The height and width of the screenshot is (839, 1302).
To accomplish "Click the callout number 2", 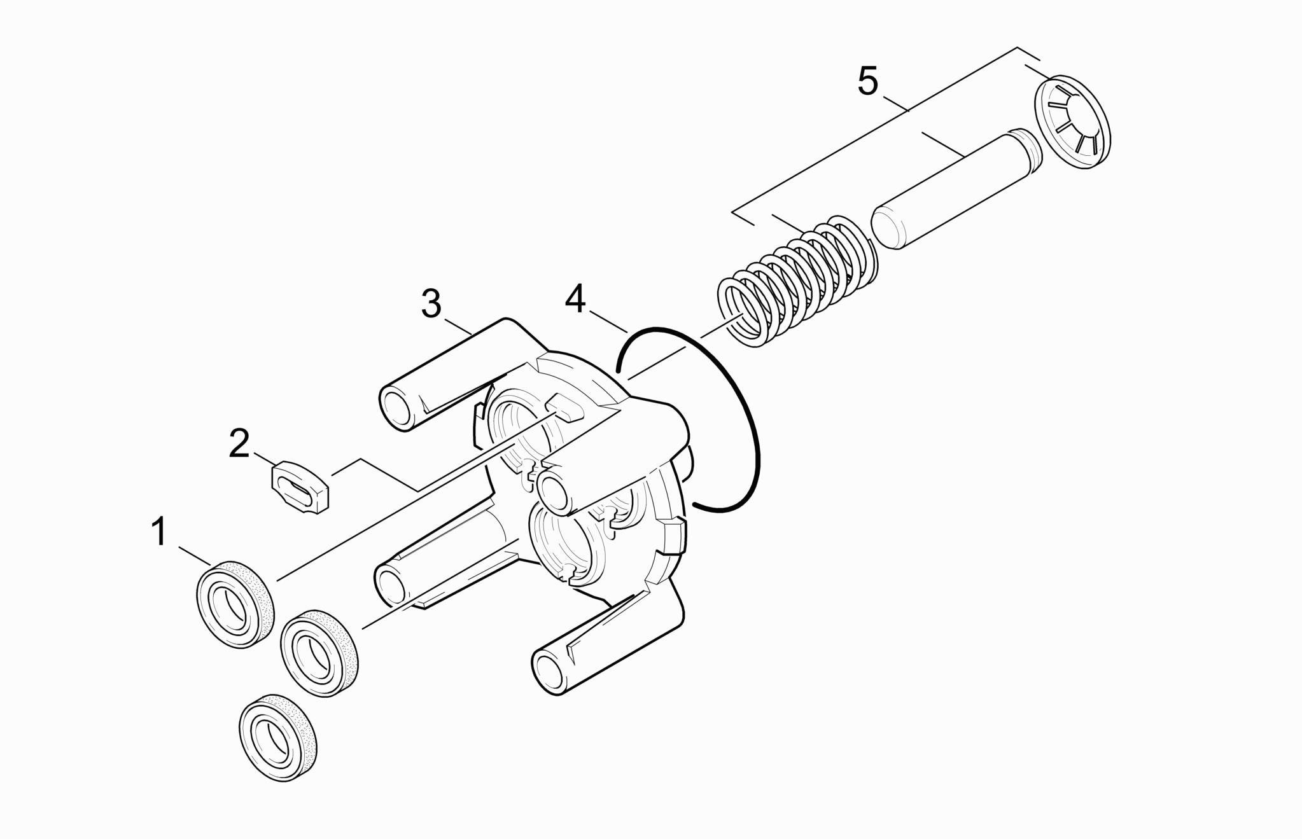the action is [x=239, y=443].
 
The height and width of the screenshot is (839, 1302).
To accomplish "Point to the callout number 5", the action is [x=868, y=81].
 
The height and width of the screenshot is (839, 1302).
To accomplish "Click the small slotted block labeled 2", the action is [x=298, y=487].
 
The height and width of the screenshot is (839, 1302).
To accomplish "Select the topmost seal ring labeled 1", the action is [x=234, y=604].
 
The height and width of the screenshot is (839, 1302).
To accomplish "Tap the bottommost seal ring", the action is [x=277, y=738].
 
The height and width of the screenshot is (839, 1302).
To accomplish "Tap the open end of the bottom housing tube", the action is [x=550, y=671].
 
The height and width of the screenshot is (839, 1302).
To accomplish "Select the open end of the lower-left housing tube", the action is [x=391, y=583].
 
